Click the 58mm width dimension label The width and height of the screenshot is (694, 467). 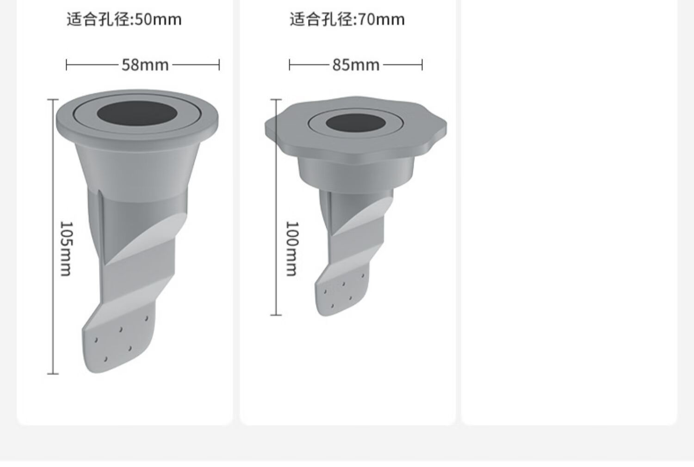145,65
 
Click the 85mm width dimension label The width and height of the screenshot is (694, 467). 356,65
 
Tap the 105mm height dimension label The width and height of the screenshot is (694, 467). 66,249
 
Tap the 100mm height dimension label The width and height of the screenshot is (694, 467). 292,249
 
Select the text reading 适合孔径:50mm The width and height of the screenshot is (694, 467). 124,19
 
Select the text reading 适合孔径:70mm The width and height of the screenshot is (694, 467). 347,19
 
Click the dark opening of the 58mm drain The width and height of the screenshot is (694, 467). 137,113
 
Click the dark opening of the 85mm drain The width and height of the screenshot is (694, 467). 356,123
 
